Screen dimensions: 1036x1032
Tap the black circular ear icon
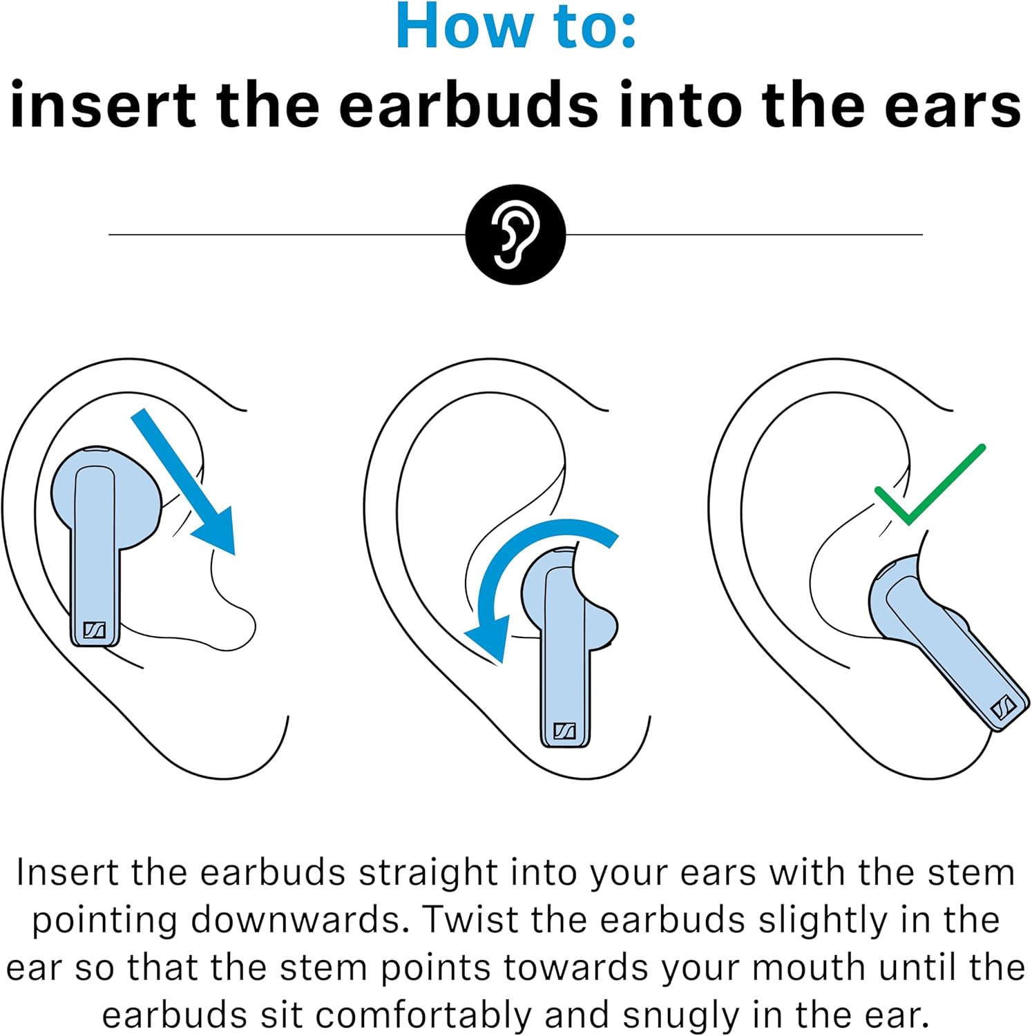click(515, 234)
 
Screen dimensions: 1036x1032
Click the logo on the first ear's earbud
click(94, 630)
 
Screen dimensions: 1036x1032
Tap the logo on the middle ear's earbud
click(565, 731)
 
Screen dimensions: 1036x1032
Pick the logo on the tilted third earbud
click(1002, 708)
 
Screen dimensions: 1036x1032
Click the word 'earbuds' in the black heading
click(469, 106)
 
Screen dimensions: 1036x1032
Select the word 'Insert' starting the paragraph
click(68, 872)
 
